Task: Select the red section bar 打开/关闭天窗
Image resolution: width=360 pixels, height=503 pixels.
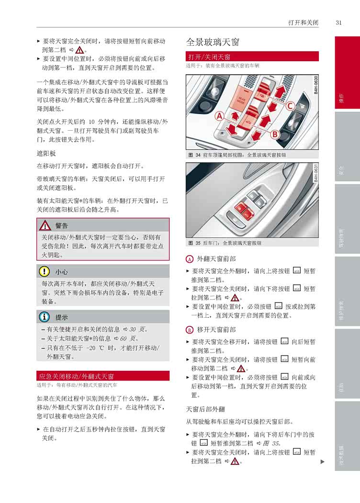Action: point(252,57)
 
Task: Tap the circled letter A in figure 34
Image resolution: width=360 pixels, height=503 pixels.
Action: point(219,116)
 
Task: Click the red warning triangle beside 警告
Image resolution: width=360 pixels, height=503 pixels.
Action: point(45,225)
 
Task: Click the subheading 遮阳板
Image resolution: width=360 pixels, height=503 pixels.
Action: point(46,154)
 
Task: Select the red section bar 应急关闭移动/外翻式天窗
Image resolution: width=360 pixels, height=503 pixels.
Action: point(103,376)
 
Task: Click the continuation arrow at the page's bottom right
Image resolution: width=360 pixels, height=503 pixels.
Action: point(322,461)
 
